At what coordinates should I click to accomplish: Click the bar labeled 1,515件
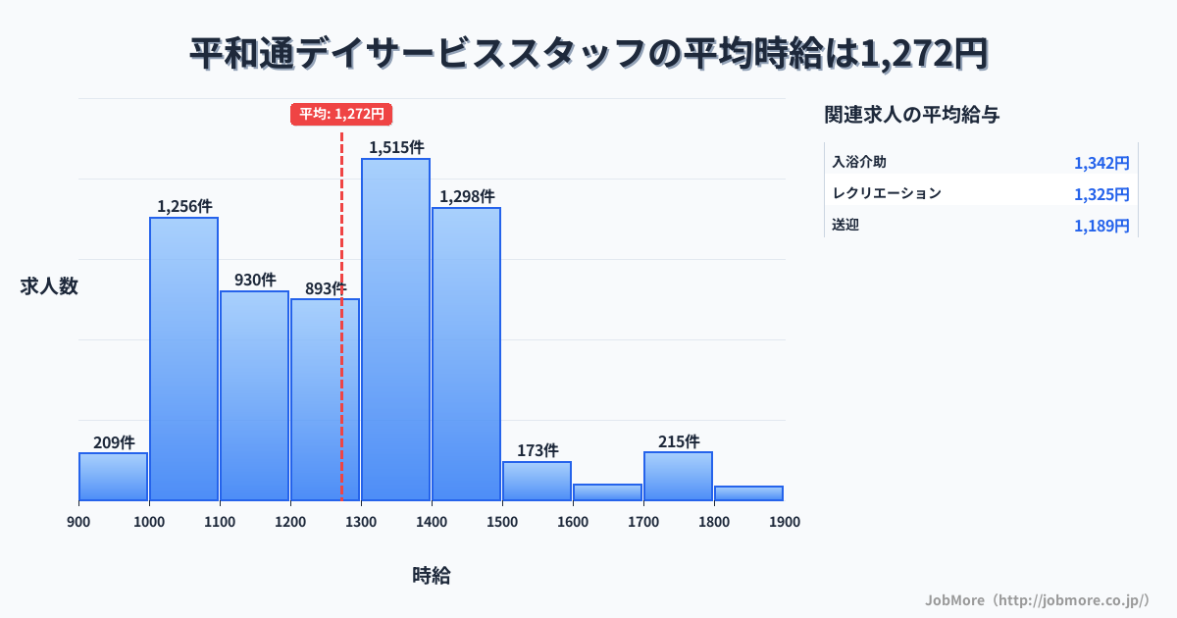[x=395, y=329]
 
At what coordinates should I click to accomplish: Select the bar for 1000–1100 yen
[x=183, y=358]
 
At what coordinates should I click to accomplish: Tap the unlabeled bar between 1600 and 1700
[x=607, y=492]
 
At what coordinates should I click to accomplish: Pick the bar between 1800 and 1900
[x=748, y=493]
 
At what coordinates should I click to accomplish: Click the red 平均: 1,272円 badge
[x=341, y=114]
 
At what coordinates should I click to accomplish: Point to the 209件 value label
[x=114, y=442]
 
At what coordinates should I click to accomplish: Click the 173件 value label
[x=537, y=451]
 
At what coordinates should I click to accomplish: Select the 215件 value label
[x=678, y=441]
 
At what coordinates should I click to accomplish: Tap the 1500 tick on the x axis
[x=502, y=522]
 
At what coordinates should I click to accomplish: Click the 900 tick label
[x=78, y=522]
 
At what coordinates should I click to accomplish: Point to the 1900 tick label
[x=785, y=522]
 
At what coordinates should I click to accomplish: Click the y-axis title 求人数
[x=49, y=286]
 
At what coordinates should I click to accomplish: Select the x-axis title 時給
[x=432, y=576]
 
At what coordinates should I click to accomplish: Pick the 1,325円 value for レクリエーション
[x=1101, y=194]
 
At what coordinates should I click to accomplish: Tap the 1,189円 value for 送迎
[x=1101, y=227]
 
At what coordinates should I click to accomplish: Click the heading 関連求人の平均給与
[x=912, y=115]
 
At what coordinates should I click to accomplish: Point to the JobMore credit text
[x=1037, y=599]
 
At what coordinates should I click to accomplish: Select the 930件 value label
[x=255, y=281]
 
